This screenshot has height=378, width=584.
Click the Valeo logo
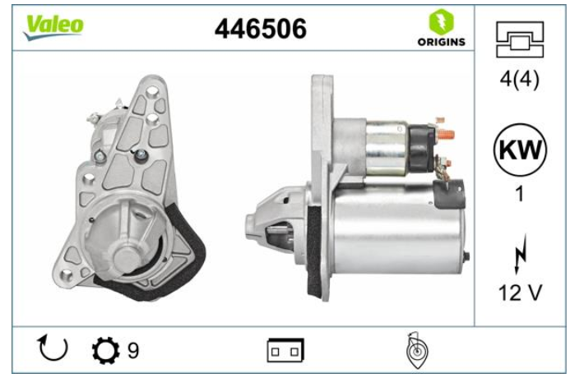coord(53,27)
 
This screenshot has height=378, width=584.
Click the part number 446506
coord(261,29)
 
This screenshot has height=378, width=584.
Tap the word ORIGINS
coord(442,42)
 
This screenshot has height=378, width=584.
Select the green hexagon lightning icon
coord(442,22)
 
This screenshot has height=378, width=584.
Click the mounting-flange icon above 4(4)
coord(520,39)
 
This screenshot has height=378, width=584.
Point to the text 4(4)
coord(520,79)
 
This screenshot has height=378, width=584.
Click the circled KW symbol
coord(520,150)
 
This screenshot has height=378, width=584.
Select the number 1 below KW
coord(520,194)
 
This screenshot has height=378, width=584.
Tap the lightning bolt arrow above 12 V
coord(520,255)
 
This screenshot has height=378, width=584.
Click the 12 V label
coord(520,293)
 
